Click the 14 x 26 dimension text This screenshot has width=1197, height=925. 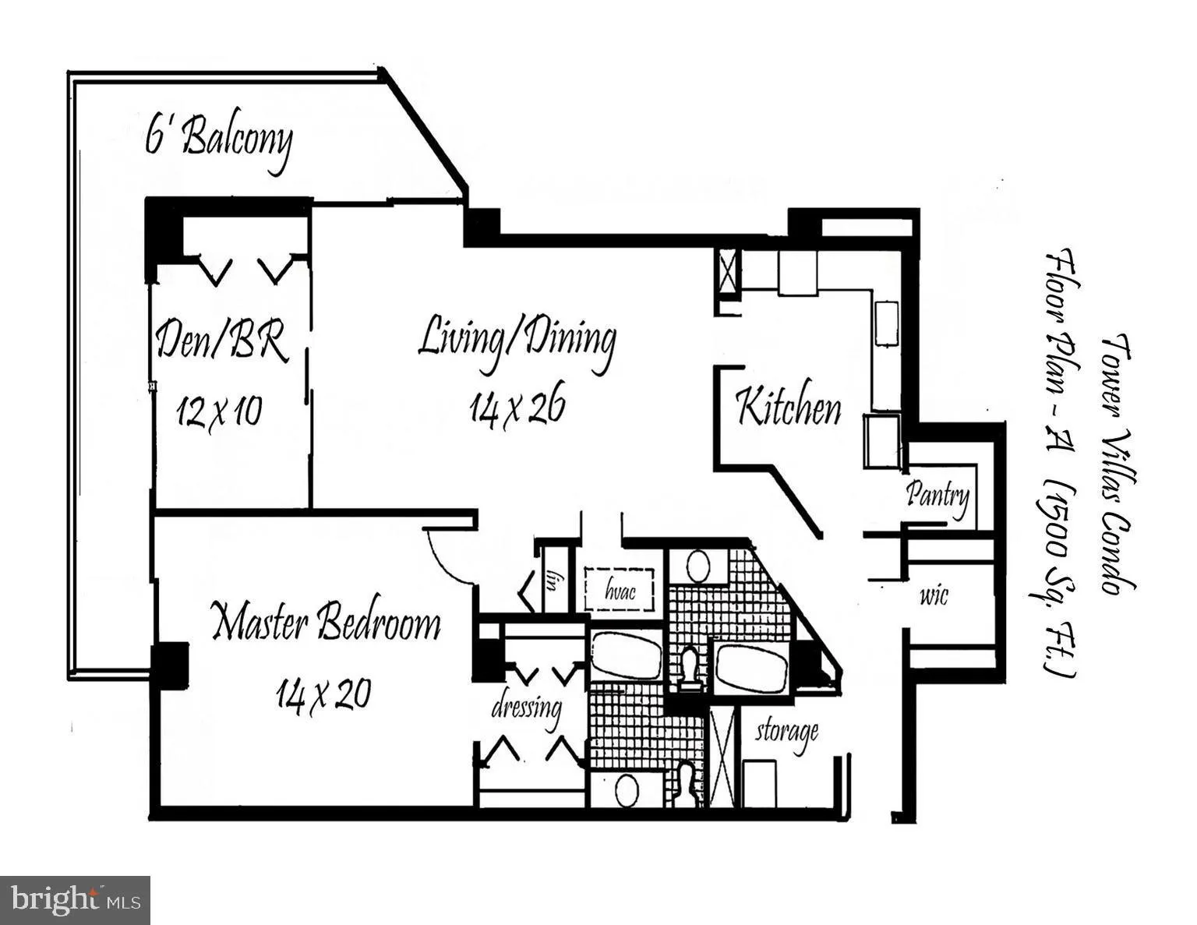pyautogui.click(x=517, y=407)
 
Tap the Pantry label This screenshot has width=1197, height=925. pyautogui.click(x=937, y=495)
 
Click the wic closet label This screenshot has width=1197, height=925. pyautogui.click(x=934, y=597)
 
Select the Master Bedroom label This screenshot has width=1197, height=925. pyautogui.click(x=327, y=623)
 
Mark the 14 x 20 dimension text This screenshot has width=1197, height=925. pyautogui.click(x=323, y=693)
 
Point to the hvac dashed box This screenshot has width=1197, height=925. pyautogui.click(x=620, y=591)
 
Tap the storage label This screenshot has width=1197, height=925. pyautogui.click(x=786, y=732)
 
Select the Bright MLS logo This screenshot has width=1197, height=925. pyautogui.click(x=76, y=900)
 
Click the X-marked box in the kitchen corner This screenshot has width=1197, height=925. pyautogui.click(x=728, y=273)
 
